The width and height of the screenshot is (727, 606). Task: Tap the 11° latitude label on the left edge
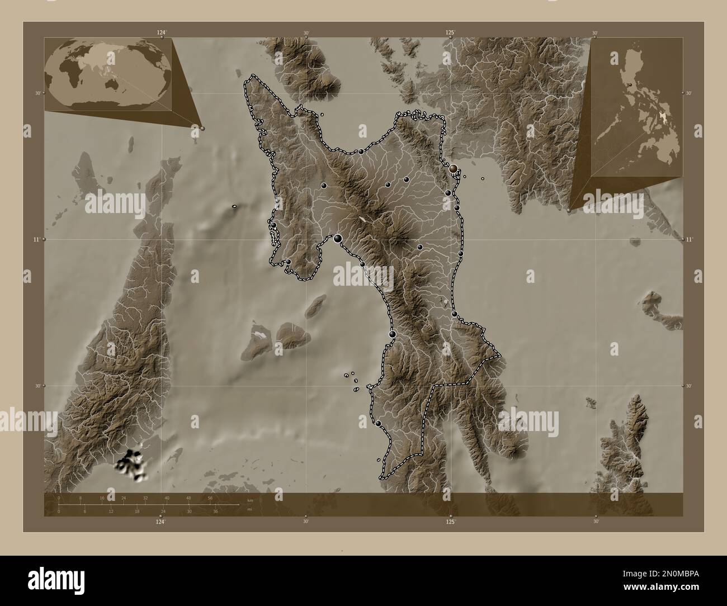tap(36, 239)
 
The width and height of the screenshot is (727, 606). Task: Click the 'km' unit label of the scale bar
tap(250, 500)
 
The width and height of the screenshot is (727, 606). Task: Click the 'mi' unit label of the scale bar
tap(249, 509)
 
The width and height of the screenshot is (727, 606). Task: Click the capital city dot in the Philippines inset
tap(630, 84)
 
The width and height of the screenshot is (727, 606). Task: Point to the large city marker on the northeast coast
tap(453, 168)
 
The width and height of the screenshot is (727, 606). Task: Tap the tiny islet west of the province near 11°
tap(234, 207)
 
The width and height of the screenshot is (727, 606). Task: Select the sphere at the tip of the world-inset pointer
tap(202, 128)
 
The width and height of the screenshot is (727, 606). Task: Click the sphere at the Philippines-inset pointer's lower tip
tap(569, 211)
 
